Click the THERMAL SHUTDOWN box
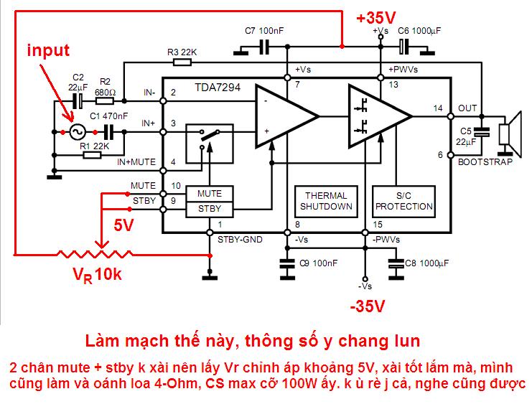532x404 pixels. coord(326,202)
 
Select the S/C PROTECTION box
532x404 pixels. coord(403,202)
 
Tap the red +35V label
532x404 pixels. coord(376,18)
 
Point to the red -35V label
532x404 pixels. coord(368,306)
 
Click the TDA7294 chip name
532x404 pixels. coord(218,88)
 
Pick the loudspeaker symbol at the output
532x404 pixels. coord(510,133)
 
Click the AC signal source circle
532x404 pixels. coord(78,132)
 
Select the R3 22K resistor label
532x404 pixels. coord(182,52)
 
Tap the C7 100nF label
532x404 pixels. coord(264,31)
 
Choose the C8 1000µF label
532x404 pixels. coord(427,263)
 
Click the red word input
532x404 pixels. coord(48,50)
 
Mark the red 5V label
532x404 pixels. coord(123,225)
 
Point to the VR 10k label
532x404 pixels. coord(98,275)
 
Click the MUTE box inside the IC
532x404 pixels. coord(210,194)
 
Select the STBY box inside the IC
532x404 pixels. coord(210,210)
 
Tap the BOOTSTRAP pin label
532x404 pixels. coord(485,161)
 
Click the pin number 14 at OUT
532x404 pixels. coord(438,108)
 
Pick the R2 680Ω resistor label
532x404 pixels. coord(105,87)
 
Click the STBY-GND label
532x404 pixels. coord(240,240)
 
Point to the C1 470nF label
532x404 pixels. coord(108,116)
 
